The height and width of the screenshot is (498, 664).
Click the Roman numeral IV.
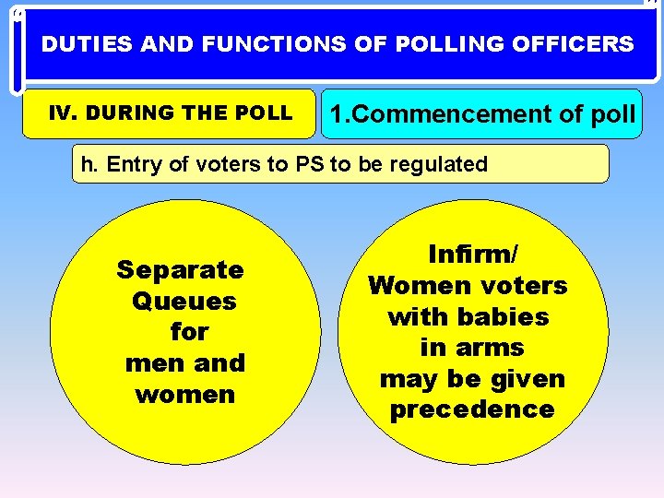tap(60, 113)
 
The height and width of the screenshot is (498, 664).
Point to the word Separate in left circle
tap(180, 270)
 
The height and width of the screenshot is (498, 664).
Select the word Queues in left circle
tap(184, 302)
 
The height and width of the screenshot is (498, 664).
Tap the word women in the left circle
tap(184, 395)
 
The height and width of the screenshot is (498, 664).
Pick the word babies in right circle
tap(503, 317)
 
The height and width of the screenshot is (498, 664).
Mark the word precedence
tap(472, 410)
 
